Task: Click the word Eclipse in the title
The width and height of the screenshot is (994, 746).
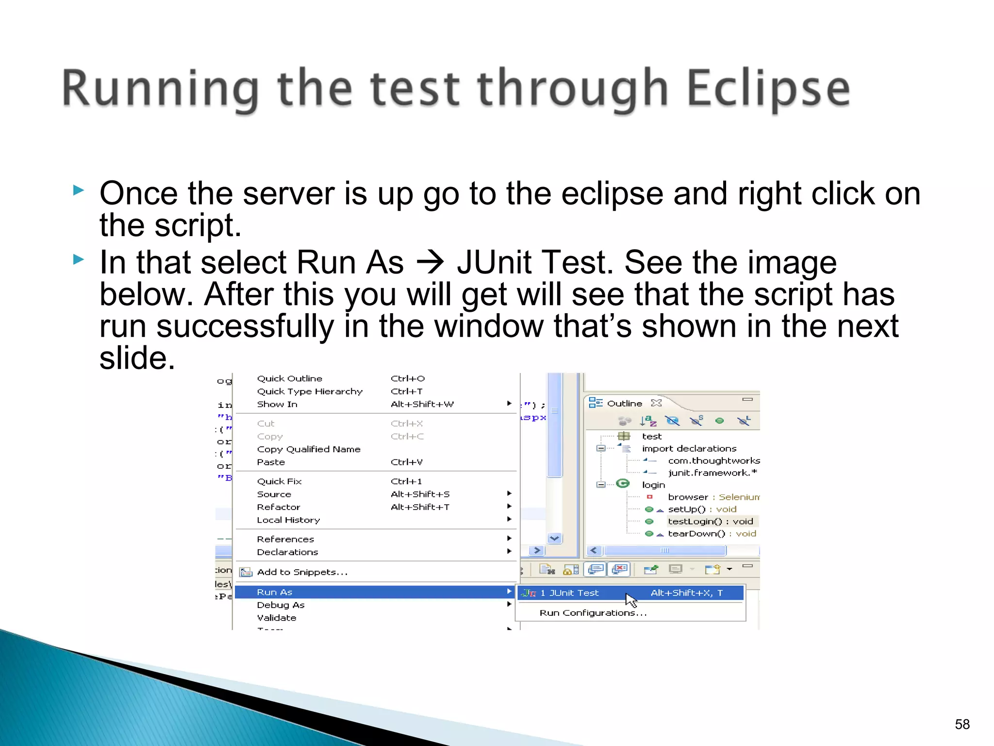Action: pyautogui.click(x=768, y=89)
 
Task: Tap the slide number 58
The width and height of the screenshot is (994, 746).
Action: pyautogui.click(x=962, y=724)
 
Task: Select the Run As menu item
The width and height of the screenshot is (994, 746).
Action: pyautogui.click(x=275, y=592)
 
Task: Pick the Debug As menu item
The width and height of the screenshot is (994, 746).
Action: pyautogui.click(x=281, y=605)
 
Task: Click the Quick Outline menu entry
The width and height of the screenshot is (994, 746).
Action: pyautogui.click(x=289, y=378)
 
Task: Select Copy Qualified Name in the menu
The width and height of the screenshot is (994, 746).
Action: pyautogui.click(x=309, y=449)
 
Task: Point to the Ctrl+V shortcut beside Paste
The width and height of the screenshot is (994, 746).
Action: pyautogui.click(x=406, y=462)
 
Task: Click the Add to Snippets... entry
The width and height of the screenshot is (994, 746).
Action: pyautogui.click(x=302, y=572)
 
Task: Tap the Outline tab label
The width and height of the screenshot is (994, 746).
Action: pyautogui.click(x=624, y=403)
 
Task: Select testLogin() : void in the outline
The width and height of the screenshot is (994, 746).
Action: pyautogui.click(x=710, y=521)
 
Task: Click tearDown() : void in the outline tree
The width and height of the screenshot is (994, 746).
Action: pyautogui.click(x=712, y=534)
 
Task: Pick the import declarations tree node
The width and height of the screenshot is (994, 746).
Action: pyautogui.click(x=689, y=448)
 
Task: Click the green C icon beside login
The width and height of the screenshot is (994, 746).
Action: pyautogui.click(x=623, y=483)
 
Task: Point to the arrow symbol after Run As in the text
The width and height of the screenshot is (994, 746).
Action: pyautogui.click(x=430, y=263)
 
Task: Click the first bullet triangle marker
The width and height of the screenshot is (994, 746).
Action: pyautogui.click(x=79, y=190)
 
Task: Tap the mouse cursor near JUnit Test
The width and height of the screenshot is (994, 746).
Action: pyautogui.click(x=630, y=600)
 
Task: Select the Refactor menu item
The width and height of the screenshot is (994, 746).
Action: pyautogui.click(x=279, y=507)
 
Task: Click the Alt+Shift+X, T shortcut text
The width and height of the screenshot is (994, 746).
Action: pyautogui.click(x=686, y=593)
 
